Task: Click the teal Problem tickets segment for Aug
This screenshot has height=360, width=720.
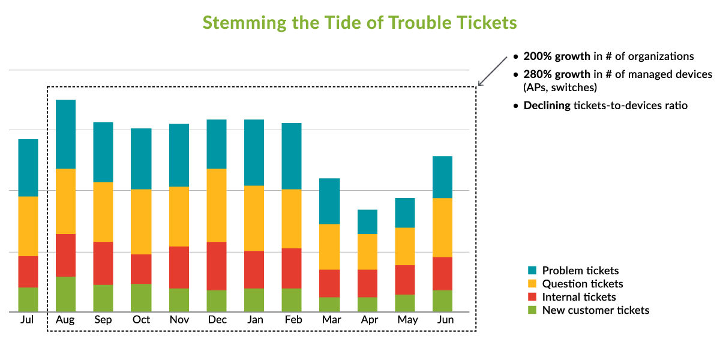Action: click(65, 134)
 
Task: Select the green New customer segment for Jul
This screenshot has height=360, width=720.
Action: click(28, 299)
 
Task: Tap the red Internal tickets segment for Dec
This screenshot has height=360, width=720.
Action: click(217, 266)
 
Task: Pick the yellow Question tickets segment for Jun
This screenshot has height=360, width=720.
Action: click(443, 227)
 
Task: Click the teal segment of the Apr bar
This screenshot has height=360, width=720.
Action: click(367, 221)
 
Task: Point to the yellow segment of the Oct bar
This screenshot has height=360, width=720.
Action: click(141, 221)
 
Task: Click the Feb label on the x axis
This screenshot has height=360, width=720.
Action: click(292, 320)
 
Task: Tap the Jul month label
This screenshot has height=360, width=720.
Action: click(27, 320)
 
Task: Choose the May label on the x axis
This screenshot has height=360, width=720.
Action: click(407, 320)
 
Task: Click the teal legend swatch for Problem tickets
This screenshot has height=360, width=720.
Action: click(532, 271)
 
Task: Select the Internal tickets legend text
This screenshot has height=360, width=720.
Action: click(578, 297)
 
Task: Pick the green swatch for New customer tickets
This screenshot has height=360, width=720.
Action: click(532, 310)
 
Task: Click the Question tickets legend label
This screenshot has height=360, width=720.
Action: click(582, 284)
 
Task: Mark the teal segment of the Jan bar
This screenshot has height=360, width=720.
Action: click(254, 152)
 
